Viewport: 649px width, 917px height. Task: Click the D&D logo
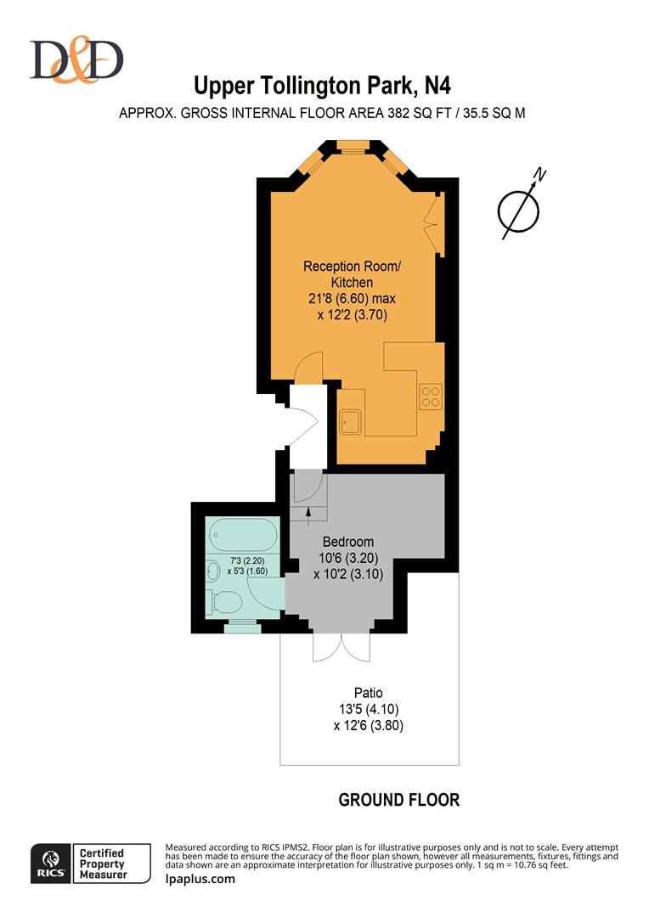pyautogui.click(x=76, y=59)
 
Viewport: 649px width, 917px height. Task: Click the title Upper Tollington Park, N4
pyautogui.click(x=323, y=86)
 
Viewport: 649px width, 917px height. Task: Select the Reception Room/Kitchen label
pyautogui.click(x=351, y=274)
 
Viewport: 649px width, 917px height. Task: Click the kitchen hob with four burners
pyautogui.click(x=431, y=395)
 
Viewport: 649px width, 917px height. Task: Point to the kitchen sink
pyautogui.click(x=351, y=419)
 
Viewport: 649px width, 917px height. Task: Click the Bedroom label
pyautogui.click(x=347, y=542)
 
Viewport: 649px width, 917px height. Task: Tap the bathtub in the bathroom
pyautogui.click(x=242, y=536)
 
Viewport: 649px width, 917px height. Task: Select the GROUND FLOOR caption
pyautogui.click(x=398, y=800)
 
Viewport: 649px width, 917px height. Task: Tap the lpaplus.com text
pyautogui.click(x=200, y=879)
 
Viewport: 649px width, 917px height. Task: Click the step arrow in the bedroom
pyautogui.click(x=309, y=508)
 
